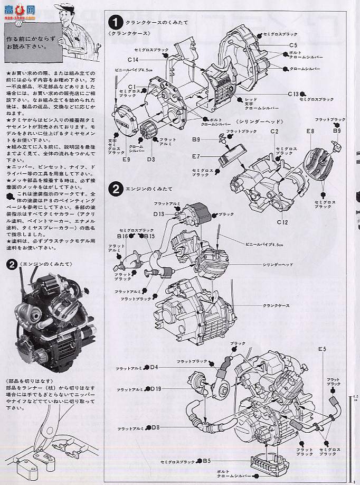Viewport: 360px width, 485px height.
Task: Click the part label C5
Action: click(x=293, y=45)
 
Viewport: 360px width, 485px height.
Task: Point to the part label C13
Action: click(x=293, y=94)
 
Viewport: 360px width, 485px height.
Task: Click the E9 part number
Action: click(x=126, y=158)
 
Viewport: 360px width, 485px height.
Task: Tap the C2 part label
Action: click(x=274, y=131)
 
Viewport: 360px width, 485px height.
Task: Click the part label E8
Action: click(x=310, y=130)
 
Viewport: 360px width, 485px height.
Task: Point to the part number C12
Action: click(x=282, y=222)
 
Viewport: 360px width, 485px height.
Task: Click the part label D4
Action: click(x=154, y=367)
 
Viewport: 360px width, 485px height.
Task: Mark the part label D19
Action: click(x=156, y=390)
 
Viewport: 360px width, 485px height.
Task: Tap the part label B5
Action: click(x=207, y=461)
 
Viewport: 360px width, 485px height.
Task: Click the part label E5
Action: click(x=322, y=350)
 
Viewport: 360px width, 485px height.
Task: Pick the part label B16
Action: click(x=122, y=236)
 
